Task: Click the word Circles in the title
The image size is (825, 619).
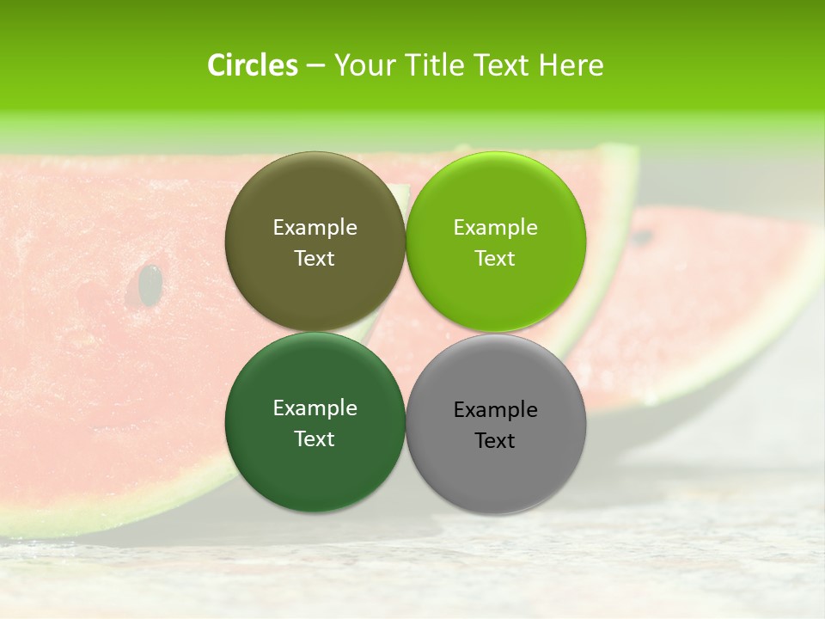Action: coord(253,65)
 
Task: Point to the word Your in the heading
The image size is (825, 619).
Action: coord(363,65)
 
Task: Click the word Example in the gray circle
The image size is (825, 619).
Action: coord(496,410)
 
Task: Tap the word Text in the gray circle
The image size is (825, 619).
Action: coord(495,441)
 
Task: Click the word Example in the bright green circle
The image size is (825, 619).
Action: coord(496,228)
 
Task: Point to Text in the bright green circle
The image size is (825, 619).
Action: coord(495,259)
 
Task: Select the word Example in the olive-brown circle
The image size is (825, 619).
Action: coord(315,228)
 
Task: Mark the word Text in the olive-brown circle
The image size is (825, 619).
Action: coord(315,259)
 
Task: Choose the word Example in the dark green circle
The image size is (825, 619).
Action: coord(315,408)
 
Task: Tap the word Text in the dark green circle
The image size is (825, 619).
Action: coord(315,439)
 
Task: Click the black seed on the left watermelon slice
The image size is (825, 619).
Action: coord(151,284)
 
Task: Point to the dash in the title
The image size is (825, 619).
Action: coord(315,65)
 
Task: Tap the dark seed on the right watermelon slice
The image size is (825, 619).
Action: coord(641,235)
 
